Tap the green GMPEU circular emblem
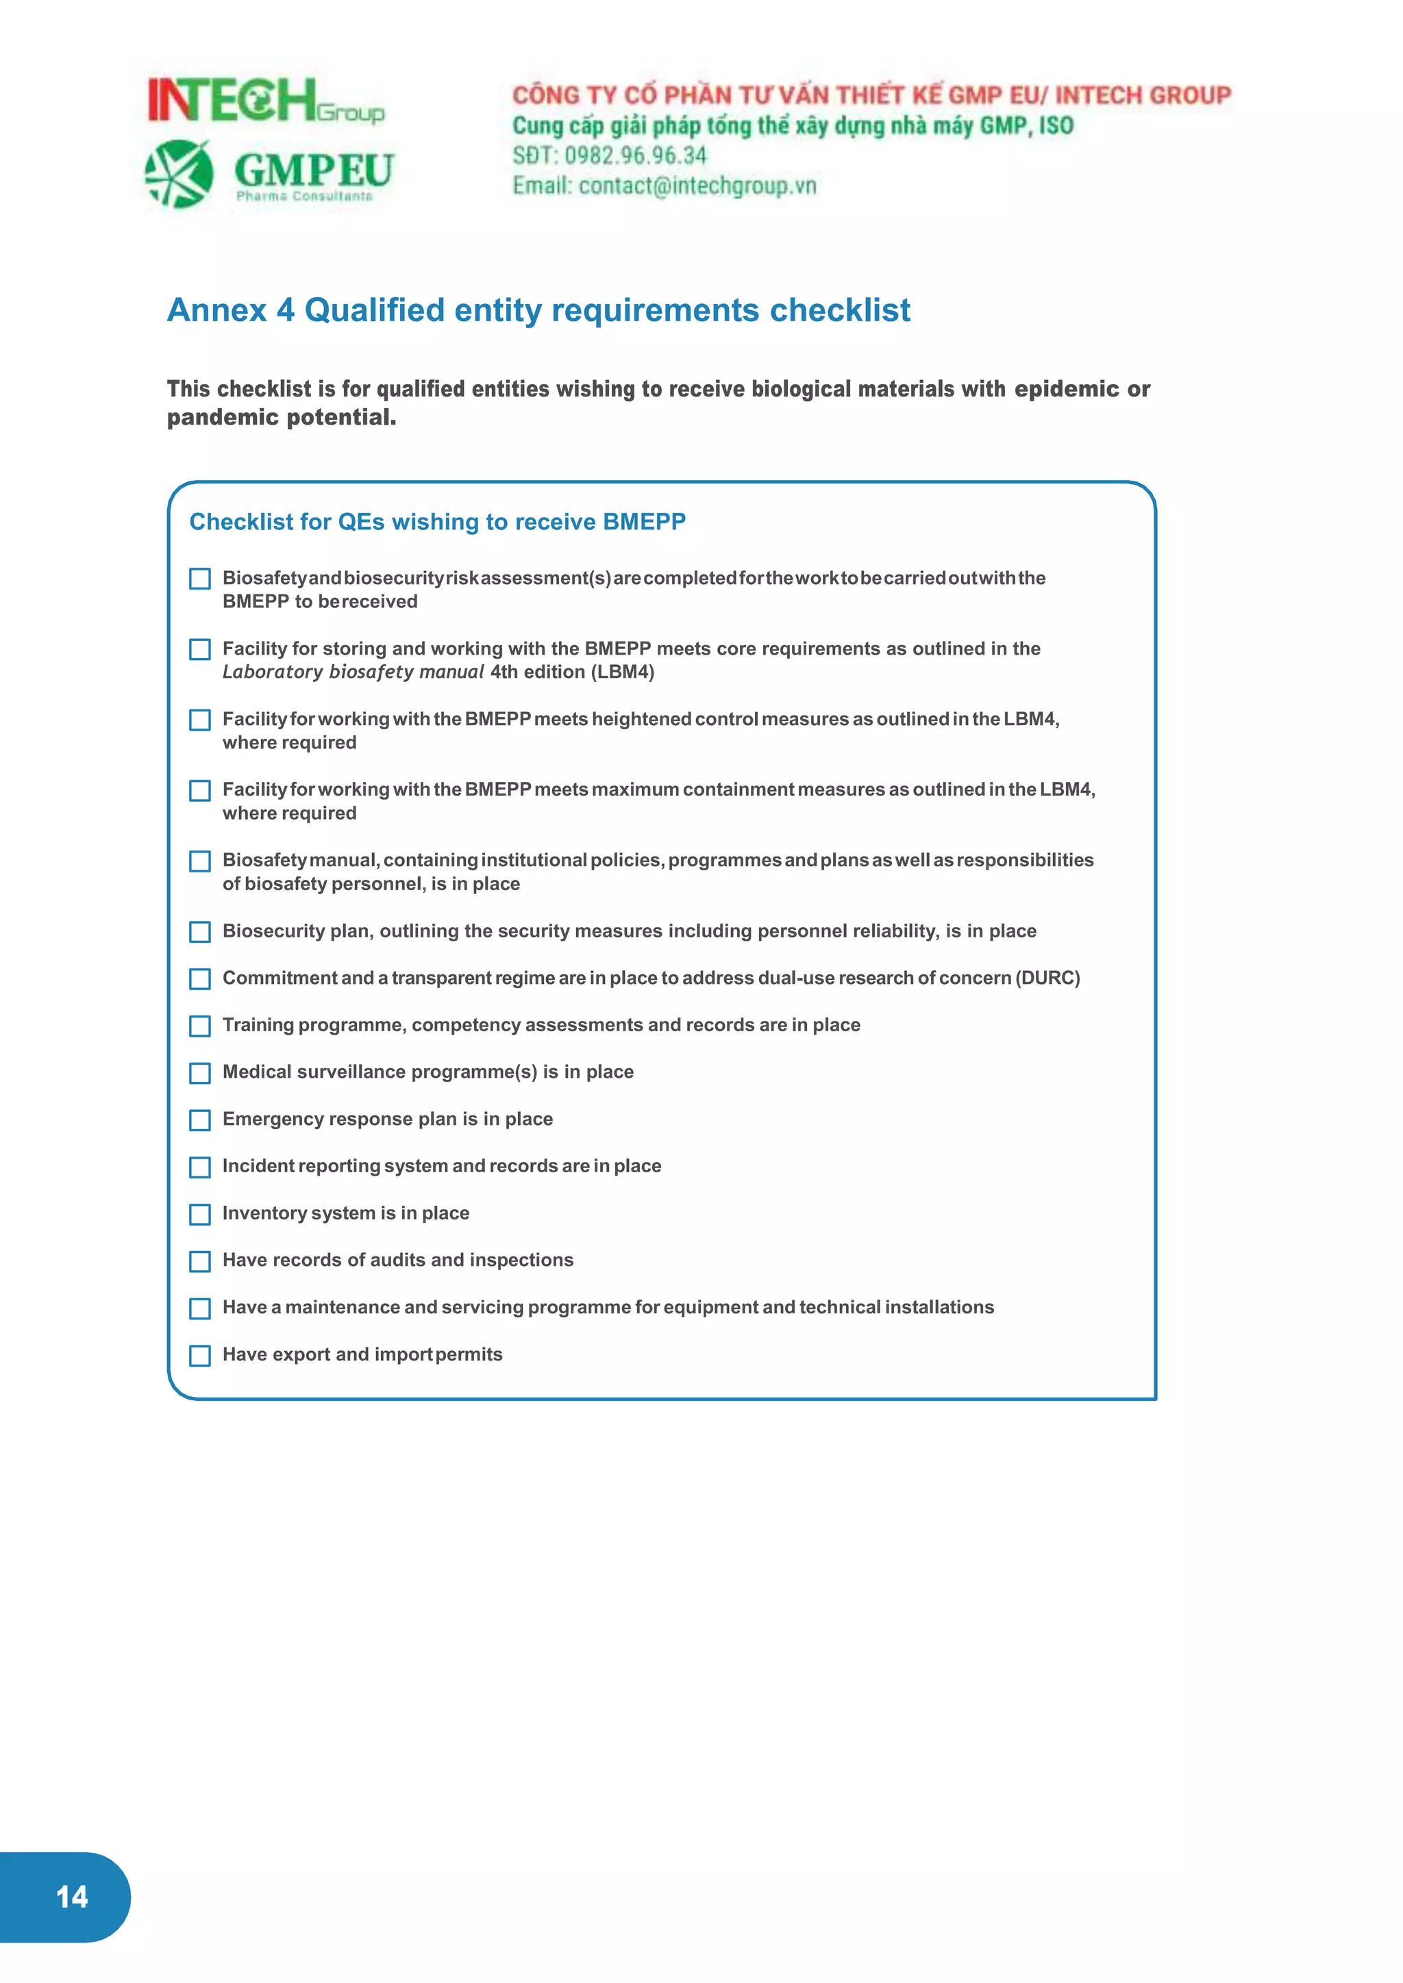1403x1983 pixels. click(x=179, y=174)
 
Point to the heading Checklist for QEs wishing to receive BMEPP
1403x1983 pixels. click(x=437, y=522)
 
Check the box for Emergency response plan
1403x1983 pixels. click(x=199, y=1120)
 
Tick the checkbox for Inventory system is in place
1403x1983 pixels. click(x=199, y=1214)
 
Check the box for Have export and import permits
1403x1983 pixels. click(x=199, y=1355)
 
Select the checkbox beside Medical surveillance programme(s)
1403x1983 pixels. click(x=199, y=1073)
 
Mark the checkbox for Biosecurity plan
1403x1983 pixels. click(x=199, y=932)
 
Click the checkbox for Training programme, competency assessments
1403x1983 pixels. click(x=199, y=1026)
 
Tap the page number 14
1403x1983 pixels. click(x=72, y=1897)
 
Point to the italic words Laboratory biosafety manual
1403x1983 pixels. click(x=353, y=672)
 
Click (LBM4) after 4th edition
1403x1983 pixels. click(x=622, y=672)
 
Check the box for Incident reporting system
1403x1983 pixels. click(x=199, y=1167)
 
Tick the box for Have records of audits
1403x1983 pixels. click(x=199, y=1261)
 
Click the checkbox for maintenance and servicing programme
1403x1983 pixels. click(x=199, y=1309)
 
